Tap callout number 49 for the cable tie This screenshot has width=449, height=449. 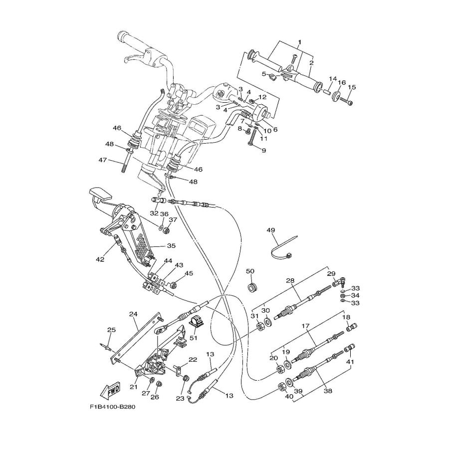click(x=271, y=230)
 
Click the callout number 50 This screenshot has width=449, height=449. click(x=250, y=271)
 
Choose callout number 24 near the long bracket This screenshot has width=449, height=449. click(x=133, y=314)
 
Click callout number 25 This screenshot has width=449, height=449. click(x=111, y=330)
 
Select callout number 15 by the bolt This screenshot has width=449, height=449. click(x=352, y=87)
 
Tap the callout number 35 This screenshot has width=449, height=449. click(x=171, y=246)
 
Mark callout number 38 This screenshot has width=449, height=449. click(x=328, y=391)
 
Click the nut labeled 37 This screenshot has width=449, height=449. click(x=168, y=230)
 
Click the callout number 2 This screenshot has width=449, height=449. click(x=311, y=63)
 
